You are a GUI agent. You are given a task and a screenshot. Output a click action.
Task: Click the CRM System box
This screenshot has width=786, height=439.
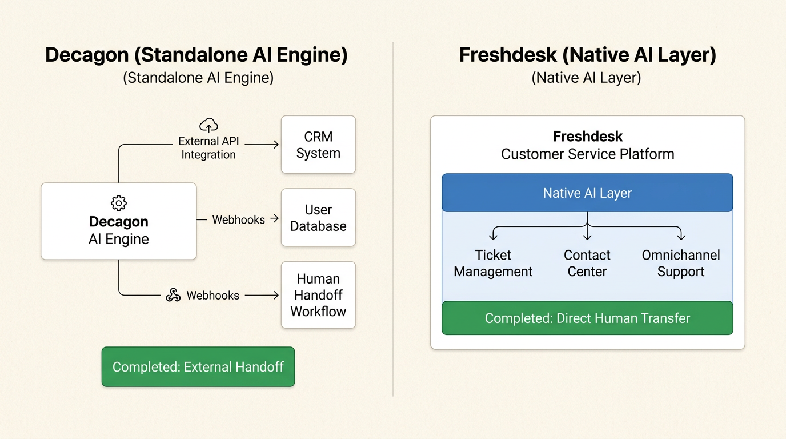point(318,145)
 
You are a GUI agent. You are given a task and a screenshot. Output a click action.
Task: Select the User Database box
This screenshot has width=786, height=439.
point(318,218)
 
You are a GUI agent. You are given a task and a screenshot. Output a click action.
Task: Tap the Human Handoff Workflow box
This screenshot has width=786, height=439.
point(318,295)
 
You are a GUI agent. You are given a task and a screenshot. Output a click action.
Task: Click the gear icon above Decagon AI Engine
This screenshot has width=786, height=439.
point(119,203)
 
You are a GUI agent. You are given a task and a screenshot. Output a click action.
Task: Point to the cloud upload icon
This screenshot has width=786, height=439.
point(208,125)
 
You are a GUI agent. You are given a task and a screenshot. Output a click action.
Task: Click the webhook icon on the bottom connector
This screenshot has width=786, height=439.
point(173,295)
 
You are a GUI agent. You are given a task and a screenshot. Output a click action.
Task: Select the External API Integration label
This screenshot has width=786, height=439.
point(208,148)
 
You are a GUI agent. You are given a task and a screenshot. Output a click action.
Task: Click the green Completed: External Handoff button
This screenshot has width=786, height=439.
point(198,367)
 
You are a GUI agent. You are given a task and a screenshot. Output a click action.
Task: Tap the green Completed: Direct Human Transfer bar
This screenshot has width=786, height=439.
point(587,318)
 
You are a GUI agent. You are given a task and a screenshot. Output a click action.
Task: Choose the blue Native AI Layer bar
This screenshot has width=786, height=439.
point(587,193)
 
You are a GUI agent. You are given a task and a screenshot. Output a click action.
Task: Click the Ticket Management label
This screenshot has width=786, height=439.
point(493,264)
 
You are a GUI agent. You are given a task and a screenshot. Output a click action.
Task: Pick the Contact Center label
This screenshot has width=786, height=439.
point(587,264)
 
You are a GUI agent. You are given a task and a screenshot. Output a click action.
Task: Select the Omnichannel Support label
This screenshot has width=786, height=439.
point(681,264)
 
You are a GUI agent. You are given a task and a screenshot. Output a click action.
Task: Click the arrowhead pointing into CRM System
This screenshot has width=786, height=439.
point(276,145)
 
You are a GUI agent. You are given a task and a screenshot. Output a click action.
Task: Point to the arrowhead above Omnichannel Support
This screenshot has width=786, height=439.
point(681,236)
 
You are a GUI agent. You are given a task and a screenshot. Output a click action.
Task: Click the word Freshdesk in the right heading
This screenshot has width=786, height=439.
point(508,55)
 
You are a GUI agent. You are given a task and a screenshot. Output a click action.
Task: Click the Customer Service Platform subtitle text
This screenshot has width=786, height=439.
point(587,154)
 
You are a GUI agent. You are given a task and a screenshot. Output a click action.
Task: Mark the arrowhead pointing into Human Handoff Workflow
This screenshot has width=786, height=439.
point(276,296)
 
